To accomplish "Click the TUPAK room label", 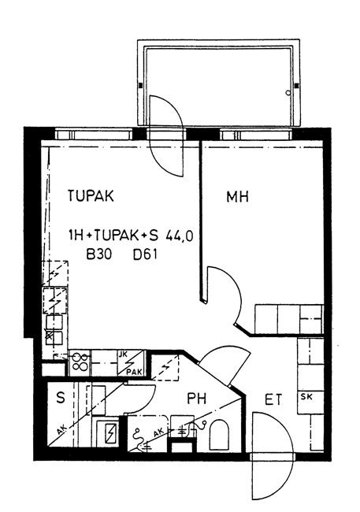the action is pyautogui.click(x=91, y=196).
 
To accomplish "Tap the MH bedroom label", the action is pyautogui.click(x=238, y=197).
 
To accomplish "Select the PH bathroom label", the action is pyautogui.click(x=197, y=399).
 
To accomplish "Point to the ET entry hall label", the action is pyautogui.click(x=273, y=399).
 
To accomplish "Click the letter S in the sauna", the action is pyautogui.click(x=61, y=398).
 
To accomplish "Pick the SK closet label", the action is pyautogui.click(x=306, y=397).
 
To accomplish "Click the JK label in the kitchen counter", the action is pyautogui.click(x=124, y=354).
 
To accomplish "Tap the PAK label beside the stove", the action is pyautogui.click(x=135, y=372).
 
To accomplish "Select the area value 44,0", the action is pyautogui.click(x=180, y=236).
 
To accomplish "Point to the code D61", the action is pyautogui.click(x=145, y=254).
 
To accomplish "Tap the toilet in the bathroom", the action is pyautogui.click(x=219, y=435).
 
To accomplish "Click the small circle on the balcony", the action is pyautogui.click(x=288, y=93).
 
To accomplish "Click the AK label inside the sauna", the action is pyautogui.click(x=61, y=431).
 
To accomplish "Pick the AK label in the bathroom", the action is pyautogui.click(x=158, y=432).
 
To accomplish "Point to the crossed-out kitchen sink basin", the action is pyautogui.click(x=50, y=338).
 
